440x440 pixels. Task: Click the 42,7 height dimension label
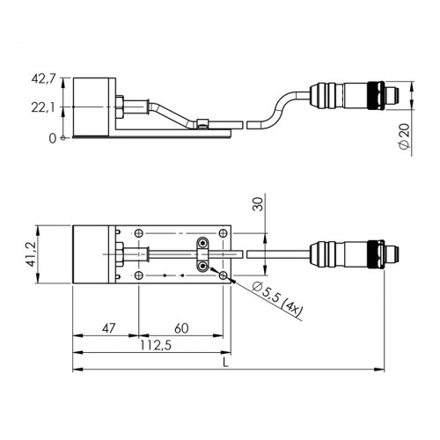(42, 80)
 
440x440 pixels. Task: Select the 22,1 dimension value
(42, 107)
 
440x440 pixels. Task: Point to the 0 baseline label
(53, 137)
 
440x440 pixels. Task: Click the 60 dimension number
(180, 327)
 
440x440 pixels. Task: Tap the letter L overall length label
(227, 361)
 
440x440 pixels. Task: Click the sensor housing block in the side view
(92, 106)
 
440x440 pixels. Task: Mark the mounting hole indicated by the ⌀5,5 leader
(224, 276)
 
